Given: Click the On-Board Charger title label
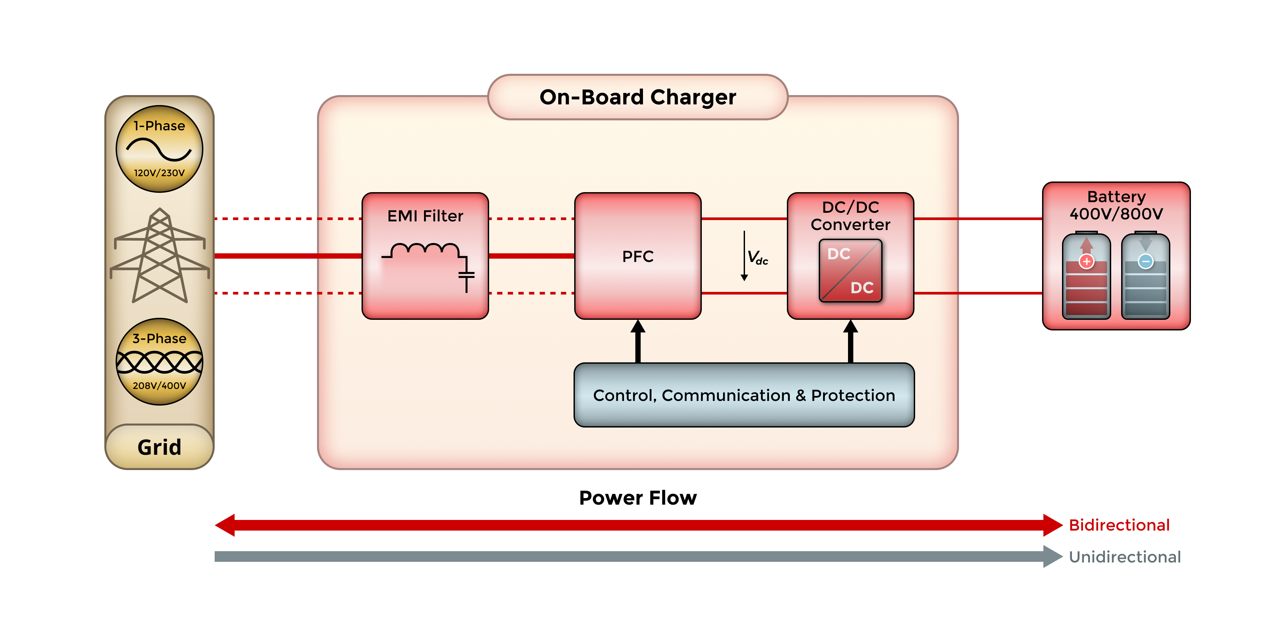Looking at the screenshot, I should (x=638, y=97).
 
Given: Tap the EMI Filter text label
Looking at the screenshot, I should (x=425, y=216).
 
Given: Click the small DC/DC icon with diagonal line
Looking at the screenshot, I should (x=850, y=271).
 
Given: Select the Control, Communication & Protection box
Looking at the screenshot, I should (x=744, y=395).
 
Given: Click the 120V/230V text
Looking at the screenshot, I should (x=159, y=173).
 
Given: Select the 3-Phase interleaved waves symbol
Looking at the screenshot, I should (x=159, y=362).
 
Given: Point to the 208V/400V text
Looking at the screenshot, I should (x=159, y=386).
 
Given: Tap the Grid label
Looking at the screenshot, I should (x=159, y=447).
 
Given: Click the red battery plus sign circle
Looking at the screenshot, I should (x=1086, y=261).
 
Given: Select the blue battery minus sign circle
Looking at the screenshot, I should (x=1145, y=261).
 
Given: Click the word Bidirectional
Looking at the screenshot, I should (x=1118, y=525).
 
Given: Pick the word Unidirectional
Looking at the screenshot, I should (x=1124, y=556).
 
